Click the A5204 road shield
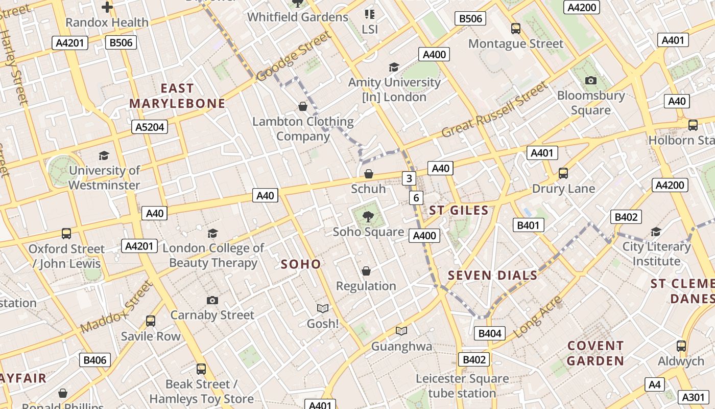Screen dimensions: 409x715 (150, 127)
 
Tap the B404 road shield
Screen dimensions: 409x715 (489, 334)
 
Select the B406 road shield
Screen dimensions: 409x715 (94, 360)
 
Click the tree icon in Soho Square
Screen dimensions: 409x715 (368, 217)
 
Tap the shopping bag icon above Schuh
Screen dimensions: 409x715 (368, 174)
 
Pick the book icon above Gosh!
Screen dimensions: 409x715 (322, 308)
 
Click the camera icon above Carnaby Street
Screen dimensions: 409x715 (212, 300)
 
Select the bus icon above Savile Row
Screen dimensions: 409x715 (151, 321)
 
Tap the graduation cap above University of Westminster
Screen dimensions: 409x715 (104, 155)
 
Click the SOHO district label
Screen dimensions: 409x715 (301, 264)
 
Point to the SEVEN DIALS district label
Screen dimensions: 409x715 (492, 276)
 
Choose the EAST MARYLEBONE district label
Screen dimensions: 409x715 (177, 96)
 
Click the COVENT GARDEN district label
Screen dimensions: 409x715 (595, 353)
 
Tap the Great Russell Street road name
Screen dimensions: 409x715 (494, 110)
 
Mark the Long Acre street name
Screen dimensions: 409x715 (538, 317)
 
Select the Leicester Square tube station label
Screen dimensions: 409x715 (462, 386)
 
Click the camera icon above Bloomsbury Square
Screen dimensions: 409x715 (591, 80)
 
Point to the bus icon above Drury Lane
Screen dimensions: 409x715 (563, 173)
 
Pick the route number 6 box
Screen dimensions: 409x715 (416, 198)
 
